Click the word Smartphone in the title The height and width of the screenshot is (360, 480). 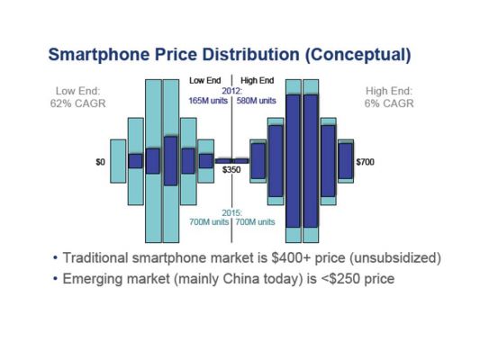[x=99, y=55]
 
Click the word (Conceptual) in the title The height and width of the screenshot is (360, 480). [x=358, y=55]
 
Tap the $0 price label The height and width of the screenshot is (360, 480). [x=100, y=162]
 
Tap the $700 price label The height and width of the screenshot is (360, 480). [x=366, y=162]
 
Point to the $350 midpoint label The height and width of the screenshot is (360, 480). [x=231, y=169]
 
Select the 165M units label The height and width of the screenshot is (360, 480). [x=208, y=101]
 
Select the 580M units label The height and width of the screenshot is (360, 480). [x=257, y=101]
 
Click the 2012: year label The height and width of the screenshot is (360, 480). [x=232, y=91]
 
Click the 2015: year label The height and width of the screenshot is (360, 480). [x=232, y=212]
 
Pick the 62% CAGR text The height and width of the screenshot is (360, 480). [x=78, y=103]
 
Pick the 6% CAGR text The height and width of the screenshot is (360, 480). [x=389, y=103]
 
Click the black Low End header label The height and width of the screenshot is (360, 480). [x=205, y=80]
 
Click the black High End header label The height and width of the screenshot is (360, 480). [x=258, y=80]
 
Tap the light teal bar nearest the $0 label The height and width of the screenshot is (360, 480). [x=118, y=161]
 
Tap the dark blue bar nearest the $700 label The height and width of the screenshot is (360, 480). [x=346, y=161]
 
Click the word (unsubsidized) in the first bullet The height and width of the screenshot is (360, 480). [x=395, y=258]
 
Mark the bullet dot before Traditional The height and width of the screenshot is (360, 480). [x=55, y=257]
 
